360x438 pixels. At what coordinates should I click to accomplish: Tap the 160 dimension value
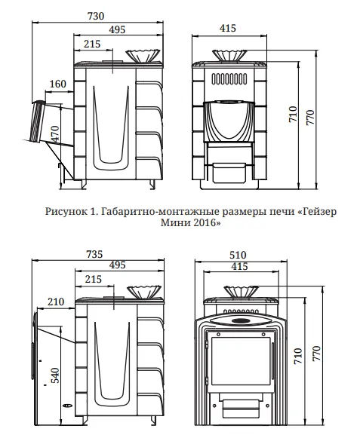(57, 83)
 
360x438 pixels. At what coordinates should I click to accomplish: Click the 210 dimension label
(56, 302)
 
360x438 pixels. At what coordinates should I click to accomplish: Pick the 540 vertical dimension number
(54, 375)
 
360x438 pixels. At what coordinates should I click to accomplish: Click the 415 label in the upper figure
(226, 29)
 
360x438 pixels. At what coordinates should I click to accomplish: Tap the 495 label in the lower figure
(115, 265)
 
